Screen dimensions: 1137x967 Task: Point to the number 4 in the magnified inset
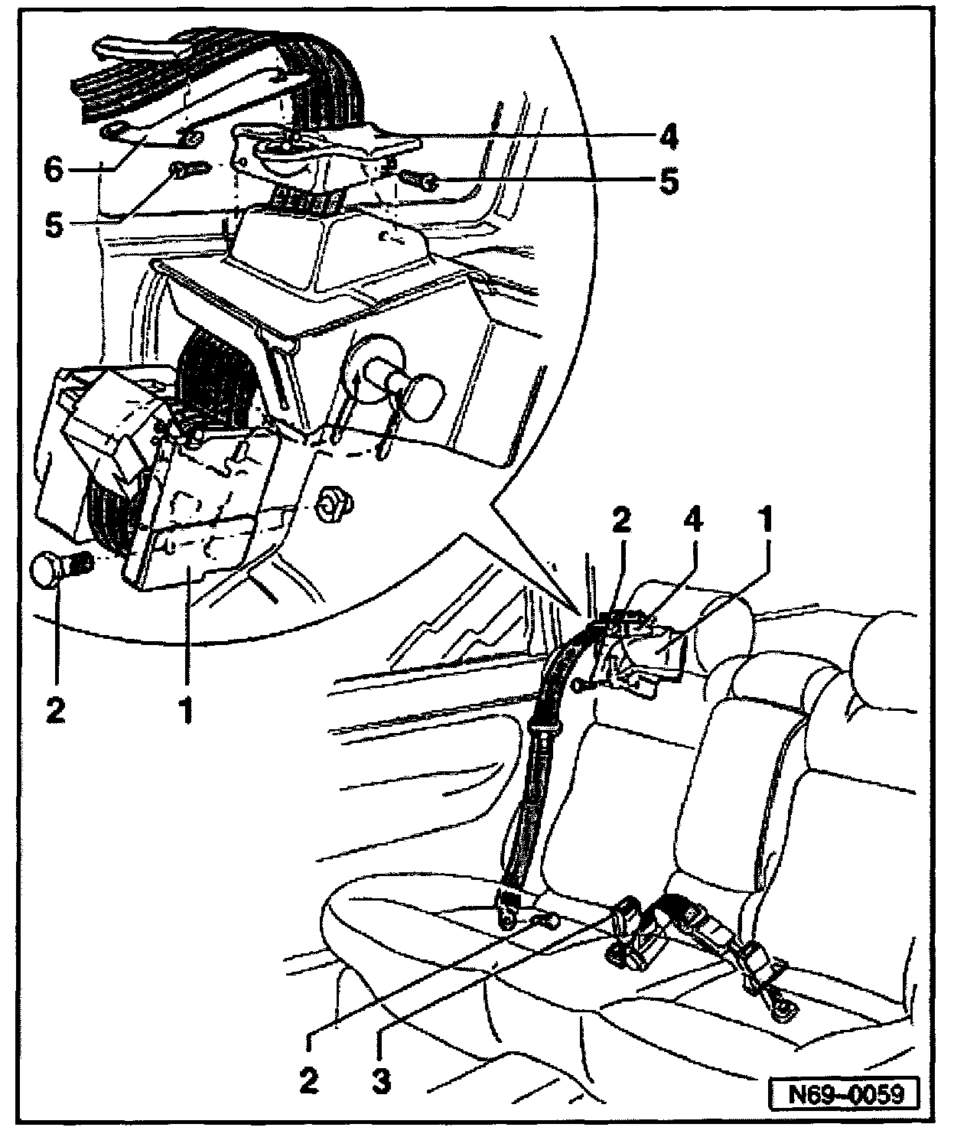point(668,137)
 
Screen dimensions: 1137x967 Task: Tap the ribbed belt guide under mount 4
point(306,202)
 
